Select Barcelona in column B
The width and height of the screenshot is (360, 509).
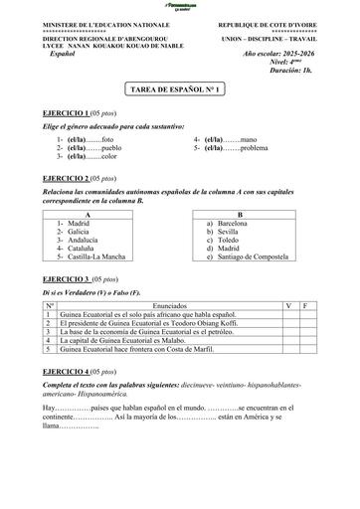point(233,224)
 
